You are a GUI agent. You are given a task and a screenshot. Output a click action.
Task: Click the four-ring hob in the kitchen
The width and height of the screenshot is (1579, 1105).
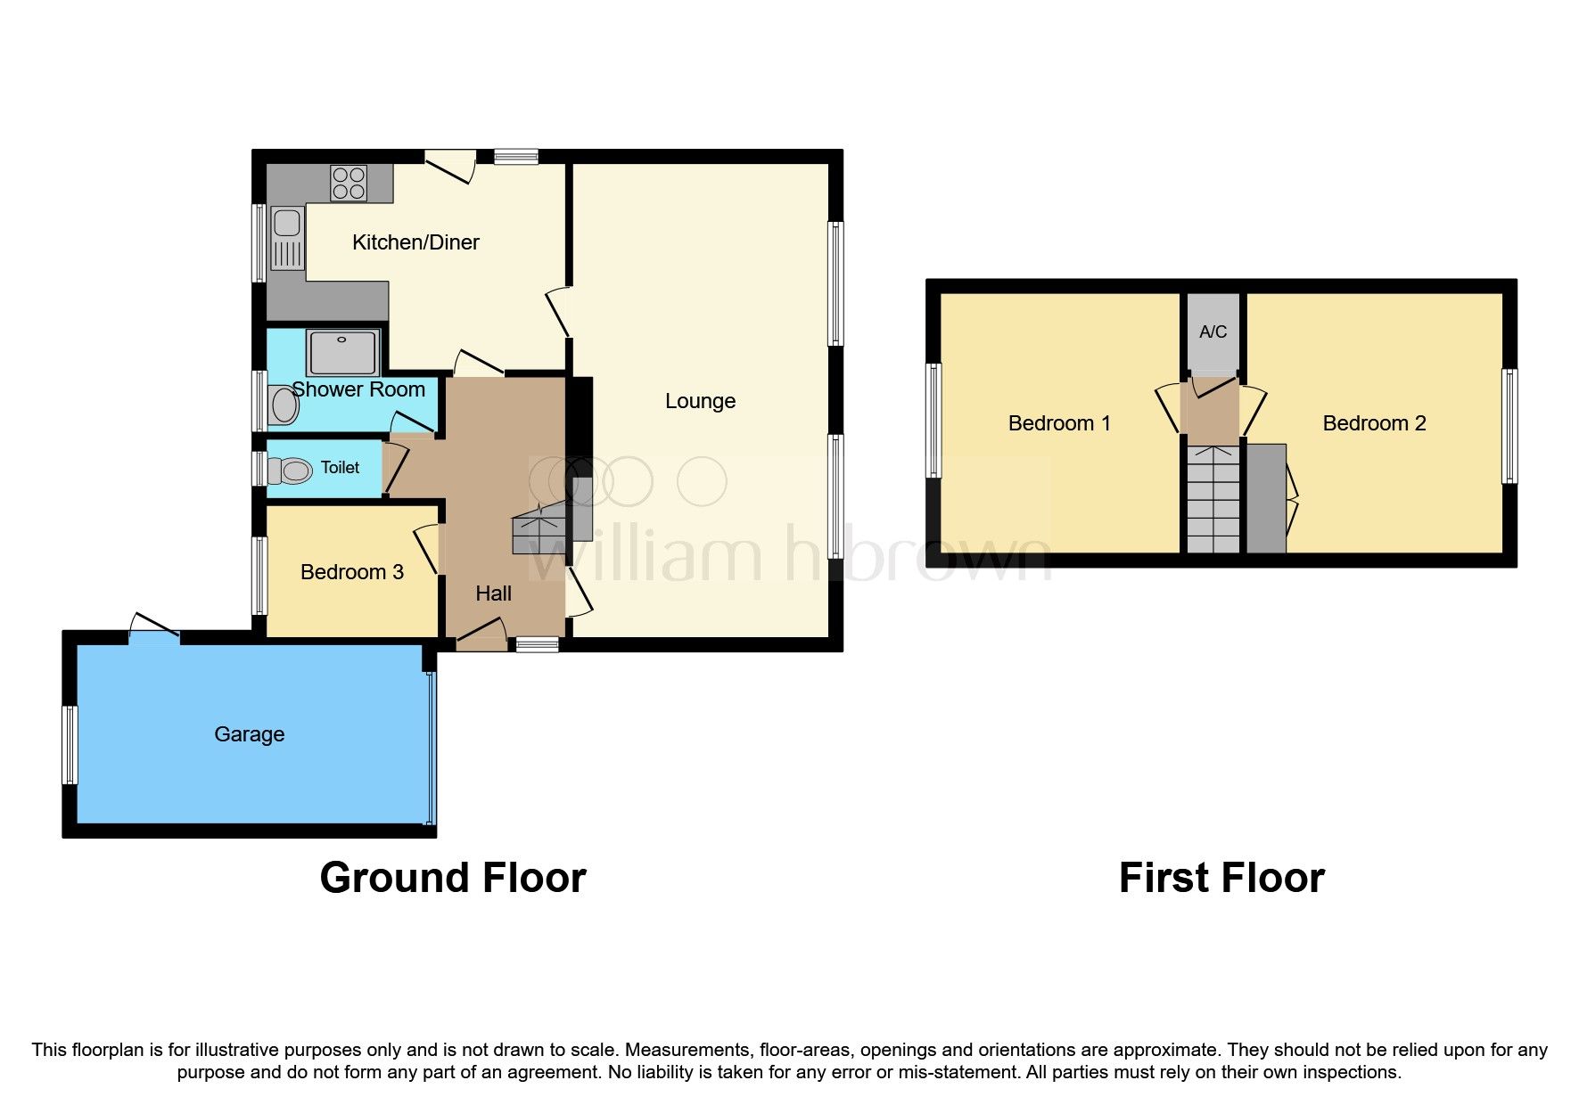pyautogui.click(x=349, y=183)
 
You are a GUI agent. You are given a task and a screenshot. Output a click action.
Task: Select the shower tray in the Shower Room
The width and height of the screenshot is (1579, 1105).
pyautogui.click(x=343, y=352)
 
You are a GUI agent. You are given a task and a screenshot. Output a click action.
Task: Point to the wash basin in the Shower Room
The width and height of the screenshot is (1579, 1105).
pyautogui.click(x=284, y=405)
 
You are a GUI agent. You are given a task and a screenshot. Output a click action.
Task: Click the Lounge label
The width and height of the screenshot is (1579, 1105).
pyautogui.click(x=700, y=401)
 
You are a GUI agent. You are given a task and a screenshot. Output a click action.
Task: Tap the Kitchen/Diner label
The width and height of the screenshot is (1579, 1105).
pyautogui.click(x=415, y=242)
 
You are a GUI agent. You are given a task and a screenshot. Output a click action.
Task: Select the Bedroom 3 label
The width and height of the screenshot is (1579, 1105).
pyautogui.click(x=351, y=572)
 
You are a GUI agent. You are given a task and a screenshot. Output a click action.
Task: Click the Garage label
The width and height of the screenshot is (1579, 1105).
pyautogui.click(x=249, y=734)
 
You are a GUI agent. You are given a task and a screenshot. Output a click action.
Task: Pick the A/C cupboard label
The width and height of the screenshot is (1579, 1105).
pyautogui.click(x=1213, y=332)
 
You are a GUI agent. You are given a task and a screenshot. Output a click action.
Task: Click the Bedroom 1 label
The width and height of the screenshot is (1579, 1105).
pyautogui.click(x=1059, y=423)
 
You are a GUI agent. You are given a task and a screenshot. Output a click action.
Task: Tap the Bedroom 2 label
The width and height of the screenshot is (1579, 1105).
pyautogui.click(x=1374, y=423)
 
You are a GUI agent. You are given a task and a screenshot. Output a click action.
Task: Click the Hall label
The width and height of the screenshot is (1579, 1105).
pyautogui.click(x=493, y=593)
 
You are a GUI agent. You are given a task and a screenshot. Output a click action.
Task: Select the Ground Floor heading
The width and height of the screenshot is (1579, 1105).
pyautogui.click(x=452, y=878)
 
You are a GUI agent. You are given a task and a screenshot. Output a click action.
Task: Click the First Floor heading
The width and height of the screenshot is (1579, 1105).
pyautogui.click(x=1221, y=878)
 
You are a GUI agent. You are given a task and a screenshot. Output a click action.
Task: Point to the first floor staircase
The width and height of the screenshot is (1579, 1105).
pyautogui.click(x=1213, y=499)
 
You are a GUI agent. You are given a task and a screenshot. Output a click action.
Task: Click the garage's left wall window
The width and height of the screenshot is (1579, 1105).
pyautogui.click(x=70, y=745)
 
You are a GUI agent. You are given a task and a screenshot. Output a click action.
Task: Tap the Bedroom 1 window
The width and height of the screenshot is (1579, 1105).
pyautogui.click(x=933, y=420)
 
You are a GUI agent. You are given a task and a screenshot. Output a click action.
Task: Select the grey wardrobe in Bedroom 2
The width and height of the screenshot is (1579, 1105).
pyautogui.click(x=1265, y=499)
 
